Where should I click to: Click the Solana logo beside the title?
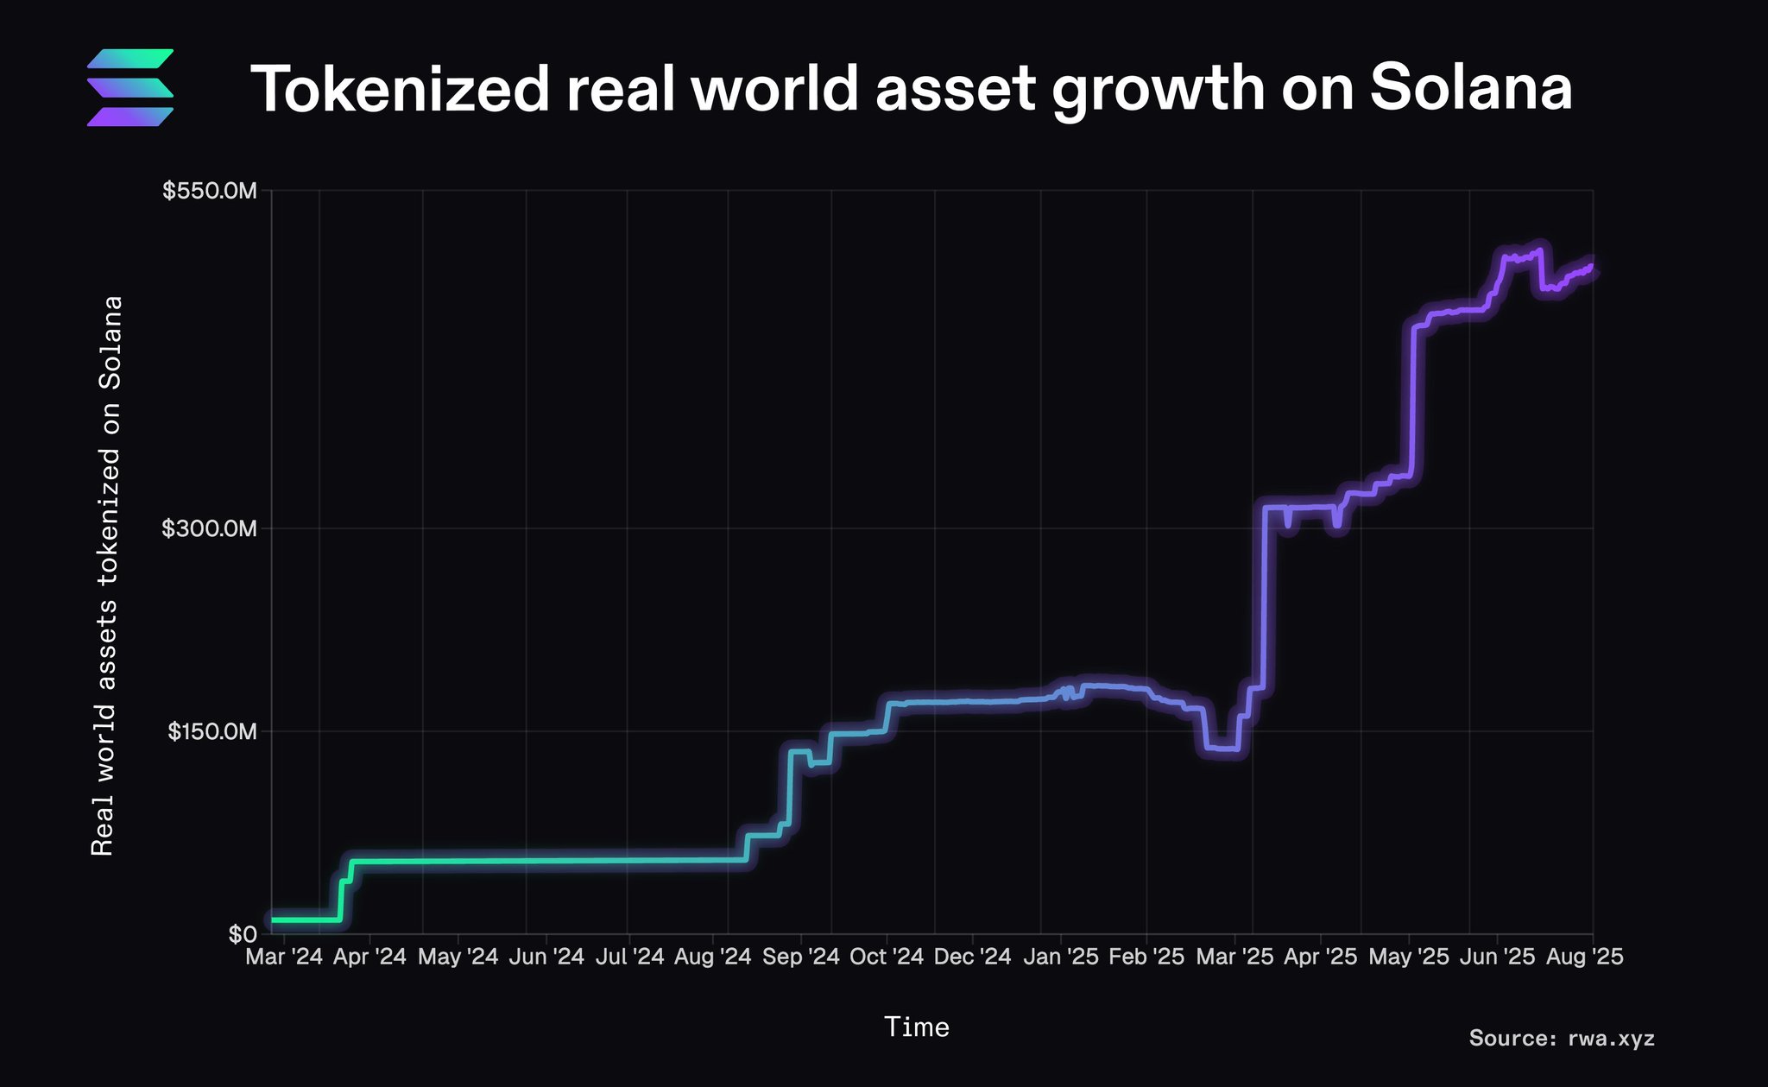point(130,87)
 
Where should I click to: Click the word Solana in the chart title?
point(1470,88)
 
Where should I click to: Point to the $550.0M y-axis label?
point(210,191)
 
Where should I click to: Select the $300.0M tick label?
point(210,528)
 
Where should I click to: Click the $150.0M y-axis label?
point(212,732)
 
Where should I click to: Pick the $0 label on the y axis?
point(243,934)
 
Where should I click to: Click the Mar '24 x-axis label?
point(284,957)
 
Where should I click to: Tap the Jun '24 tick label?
point(546,957)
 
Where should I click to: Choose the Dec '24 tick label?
point(972,957)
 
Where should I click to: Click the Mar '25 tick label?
point(1234,957)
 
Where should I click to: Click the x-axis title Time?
point(917,1027)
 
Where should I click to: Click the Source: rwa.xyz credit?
point(1562,1038)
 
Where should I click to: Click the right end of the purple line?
point(1592,269)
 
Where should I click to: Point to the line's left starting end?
point(275,920)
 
